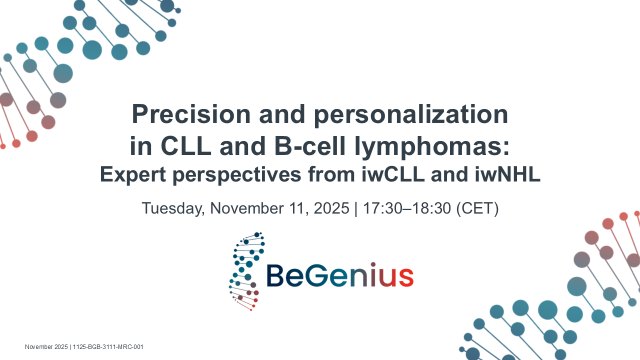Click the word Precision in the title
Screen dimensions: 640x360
pyautogui.click(x=191, y=114)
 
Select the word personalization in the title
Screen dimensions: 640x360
pyautogui.click(x=411, y=115)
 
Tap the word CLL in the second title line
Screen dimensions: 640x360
pyautogui.click(x=186, y=146)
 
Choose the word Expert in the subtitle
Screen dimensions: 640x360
pyautogui.click(x=133, y=175)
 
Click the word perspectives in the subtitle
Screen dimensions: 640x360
pyautogui.click(x=237, y=175)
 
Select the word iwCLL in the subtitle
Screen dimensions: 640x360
pyautogui.click(x=393, y=174)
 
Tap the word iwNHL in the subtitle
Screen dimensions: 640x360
pyautogui.click(x=507, y=174)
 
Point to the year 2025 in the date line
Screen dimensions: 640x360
pyautogui.click(x=331, y=208)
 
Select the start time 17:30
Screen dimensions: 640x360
pyautogui.click(x=382, y=208)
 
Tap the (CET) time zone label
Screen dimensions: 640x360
pyautogui.click(x=477, y=208)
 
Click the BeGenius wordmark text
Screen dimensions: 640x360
pyautogui.click(x=340, y=275)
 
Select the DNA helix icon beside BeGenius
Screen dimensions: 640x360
pyautogui.click(x=247, y=271)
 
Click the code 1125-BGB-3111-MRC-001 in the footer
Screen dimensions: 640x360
pyautogui.click(x=108, y=347)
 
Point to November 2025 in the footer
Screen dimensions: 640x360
pyautogui.click(x=46, y=347)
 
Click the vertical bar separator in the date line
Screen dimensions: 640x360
pyautogui.click(x=356, y=208)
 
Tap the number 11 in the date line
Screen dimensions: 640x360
pyautogui.click(x=297, y=208)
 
